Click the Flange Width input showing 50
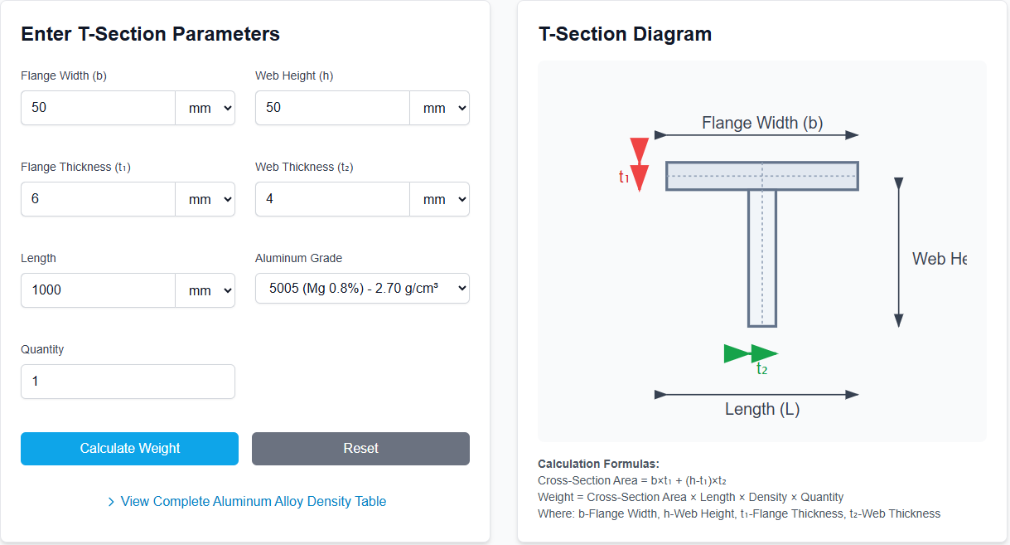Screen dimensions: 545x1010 98,108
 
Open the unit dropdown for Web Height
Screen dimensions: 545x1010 440,108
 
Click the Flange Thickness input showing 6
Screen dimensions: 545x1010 98,199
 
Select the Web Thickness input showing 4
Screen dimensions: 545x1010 332,199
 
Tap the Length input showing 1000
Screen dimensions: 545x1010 98,290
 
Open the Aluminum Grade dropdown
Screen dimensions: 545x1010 362,289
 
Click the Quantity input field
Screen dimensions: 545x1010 128,382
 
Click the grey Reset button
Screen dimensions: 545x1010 360,449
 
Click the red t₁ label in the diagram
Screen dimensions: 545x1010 624,176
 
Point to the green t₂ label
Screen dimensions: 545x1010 761,369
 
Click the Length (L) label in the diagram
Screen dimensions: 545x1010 762,409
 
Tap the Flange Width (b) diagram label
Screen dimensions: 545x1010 762,123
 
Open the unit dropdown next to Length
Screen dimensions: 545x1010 205,290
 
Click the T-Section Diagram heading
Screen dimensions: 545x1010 625,34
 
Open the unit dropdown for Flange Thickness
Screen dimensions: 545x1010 205,199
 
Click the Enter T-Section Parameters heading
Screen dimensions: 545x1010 150,34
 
